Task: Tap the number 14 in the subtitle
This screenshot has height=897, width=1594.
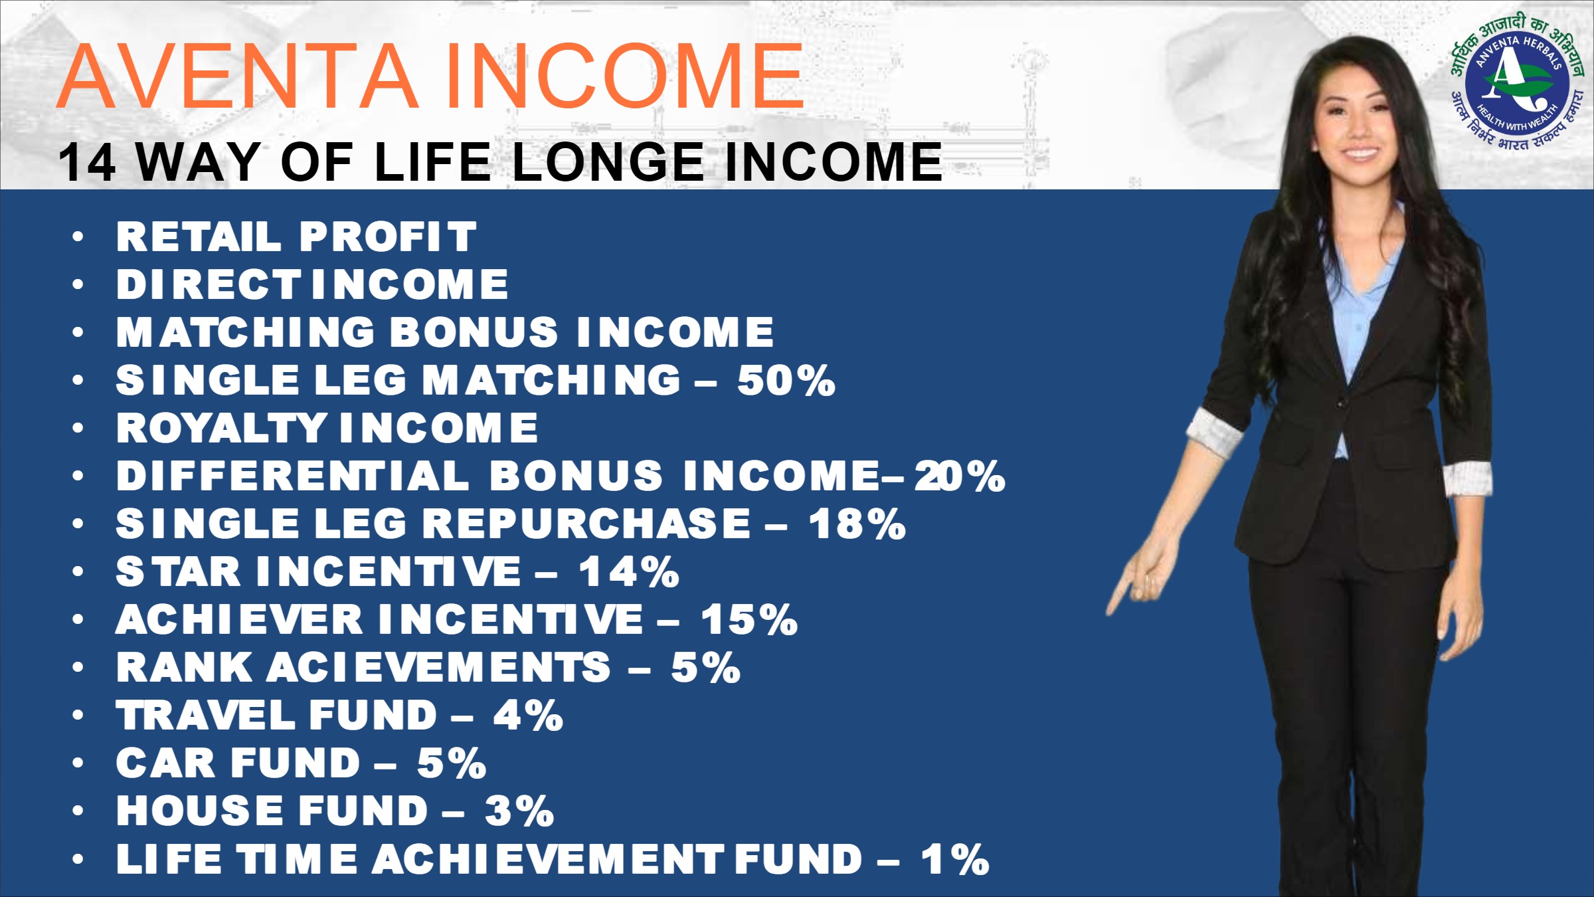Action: pyautogui.click(x=87, y=162)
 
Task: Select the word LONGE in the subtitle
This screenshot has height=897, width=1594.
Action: pyautogui.click(x=608, y=162)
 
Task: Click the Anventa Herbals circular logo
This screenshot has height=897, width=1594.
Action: pyautogui.click(x=1517, y=82)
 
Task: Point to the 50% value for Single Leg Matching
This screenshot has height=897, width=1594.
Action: pyautogui.click(x=786, y=380)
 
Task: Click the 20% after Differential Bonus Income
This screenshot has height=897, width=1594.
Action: pyautogui.click(x=960, y=476)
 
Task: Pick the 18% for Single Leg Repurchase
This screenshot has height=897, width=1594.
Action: pyautogui.click(x=857, y=524)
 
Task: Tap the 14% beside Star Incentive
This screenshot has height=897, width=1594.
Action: pyautogui.click(x=629, y=571)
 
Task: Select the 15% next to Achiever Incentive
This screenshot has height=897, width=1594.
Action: pyautogui.click(x=749, y=619)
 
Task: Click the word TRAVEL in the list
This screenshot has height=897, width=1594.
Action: pyautogui.click(x=206, y=715)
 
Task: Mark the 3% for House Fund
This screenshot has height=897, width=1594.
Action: pyautogui.click(x=519, y=811)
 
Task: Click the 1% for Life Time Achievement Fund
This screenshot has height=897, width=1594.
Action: pyautogui.click(x=954, y=858)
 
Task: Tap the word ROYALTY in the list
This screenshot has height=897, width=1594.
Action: pyautogui.click(x=221, y=428)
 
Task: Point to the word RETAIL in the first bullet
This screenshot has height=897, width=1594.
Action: pyautogui.click(x=199, y=237)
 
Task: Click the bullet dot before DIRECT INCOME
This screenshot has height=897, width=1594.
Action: pyautogui.click(x=78, y=284)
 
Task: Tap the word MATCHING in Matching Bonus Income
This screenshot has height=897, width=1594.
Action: pyautogui.click(x=246, y=332)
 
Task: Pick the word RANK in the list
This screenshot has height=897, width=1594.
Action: pyautogui.click(x=184, y=667)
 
